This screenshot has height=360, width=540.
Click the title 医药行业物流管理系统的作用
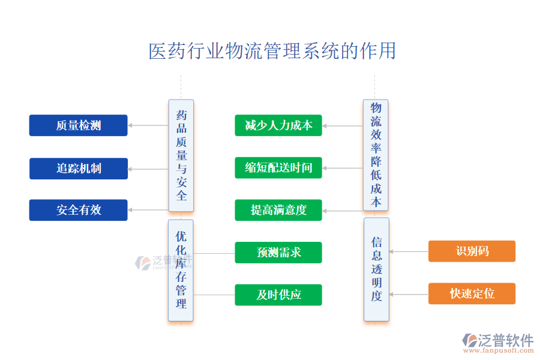click(x=272, y=51)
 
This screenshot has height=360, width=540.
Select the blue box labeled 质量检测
click(x=79, y=125)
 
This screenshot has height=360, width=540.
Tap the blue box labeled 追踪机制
click(x=79, y=169)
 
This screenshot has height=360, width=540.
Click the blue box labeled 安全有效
click(x=79, y=210)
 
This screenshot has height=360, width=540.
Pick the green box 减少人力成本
click(x=278, y=125)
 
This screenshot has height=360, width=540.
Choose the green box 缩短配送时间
click(x=278, y=168)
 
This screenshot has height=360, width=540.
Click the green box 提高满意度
click(x=278, y=210)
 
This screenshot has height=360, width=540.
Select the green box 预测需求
click(x=278, y=253)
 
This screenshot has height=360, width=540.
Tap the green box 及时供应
click(x=278, y=295)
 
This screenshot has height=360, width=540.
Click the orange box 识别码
click(x=472, y=251)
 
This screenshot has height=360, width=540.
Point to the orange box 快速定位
click(x=472, y=293)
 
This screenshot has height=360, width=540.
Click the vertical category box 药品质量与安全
click(x=181, y=155)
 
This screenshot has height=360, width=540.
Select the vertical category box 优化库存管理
click(x=181, y=270)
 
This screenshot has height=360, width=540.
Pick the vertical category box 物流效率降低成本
click(x=376, y=155)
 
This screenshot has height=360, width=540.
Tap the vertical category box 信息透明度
click(x=376, y=269)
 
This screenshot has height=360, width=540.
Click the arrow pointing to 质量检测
click(x=148, y=125)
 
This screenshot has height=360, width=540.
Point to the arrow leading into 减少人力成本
click(x=342, y=126)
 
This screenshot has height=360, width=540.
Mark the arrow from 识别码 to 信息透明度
click(x=409, y=252)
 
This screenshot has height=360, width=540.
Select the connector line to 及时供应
click(x=214, y=295)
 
